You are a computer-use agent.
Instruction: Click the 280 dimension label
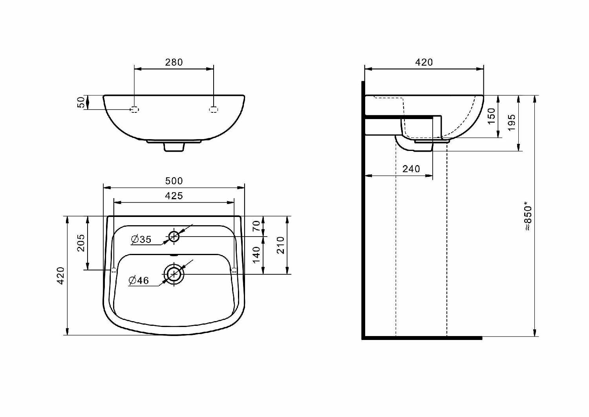[x=174, y=62]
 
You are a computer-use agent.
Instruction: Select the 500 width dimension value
[x=174, y=181]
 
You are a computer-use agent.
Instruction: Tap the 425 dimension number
[x=174, y=196]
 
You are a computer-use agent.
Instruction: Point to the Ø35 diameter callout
[x=141, y=240]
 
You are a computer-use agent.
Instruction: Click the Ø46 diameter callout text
[x=139, y=280]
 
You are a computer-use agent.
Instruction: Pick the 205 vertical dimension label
[x=81, y=243]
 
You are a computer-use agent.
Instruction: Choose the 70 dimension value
[x=256, y=226]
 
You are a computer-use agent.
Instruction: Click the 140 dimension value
[x=256, y=255]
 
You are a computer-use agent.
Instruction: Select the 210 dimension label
[x=281, y=245]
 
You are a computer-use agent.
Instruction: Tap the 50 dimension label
[x=81, y=103]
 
